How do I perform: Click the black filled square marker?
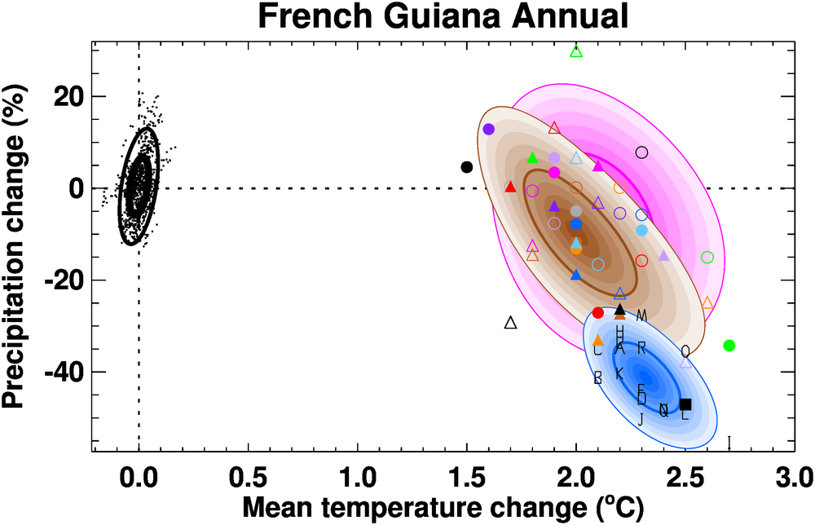click(685, 404)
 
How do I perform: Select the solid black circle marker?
click(467, 167)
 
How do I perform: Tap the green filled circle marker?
click(729, 346)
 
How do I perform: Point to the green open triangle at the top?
click(576, 51)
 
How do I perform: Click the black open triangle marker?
click(511, 323)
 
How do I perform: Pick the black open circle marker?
click(641, 152)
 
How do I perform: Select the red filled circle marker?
click(598, 312)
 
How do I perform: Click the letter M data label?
click(641, 315)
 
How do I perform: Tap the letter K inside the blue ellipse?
click(619, 373)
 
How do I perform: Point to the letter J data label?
click(641, 419)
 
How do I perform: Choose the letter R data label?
click(641, 348)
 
